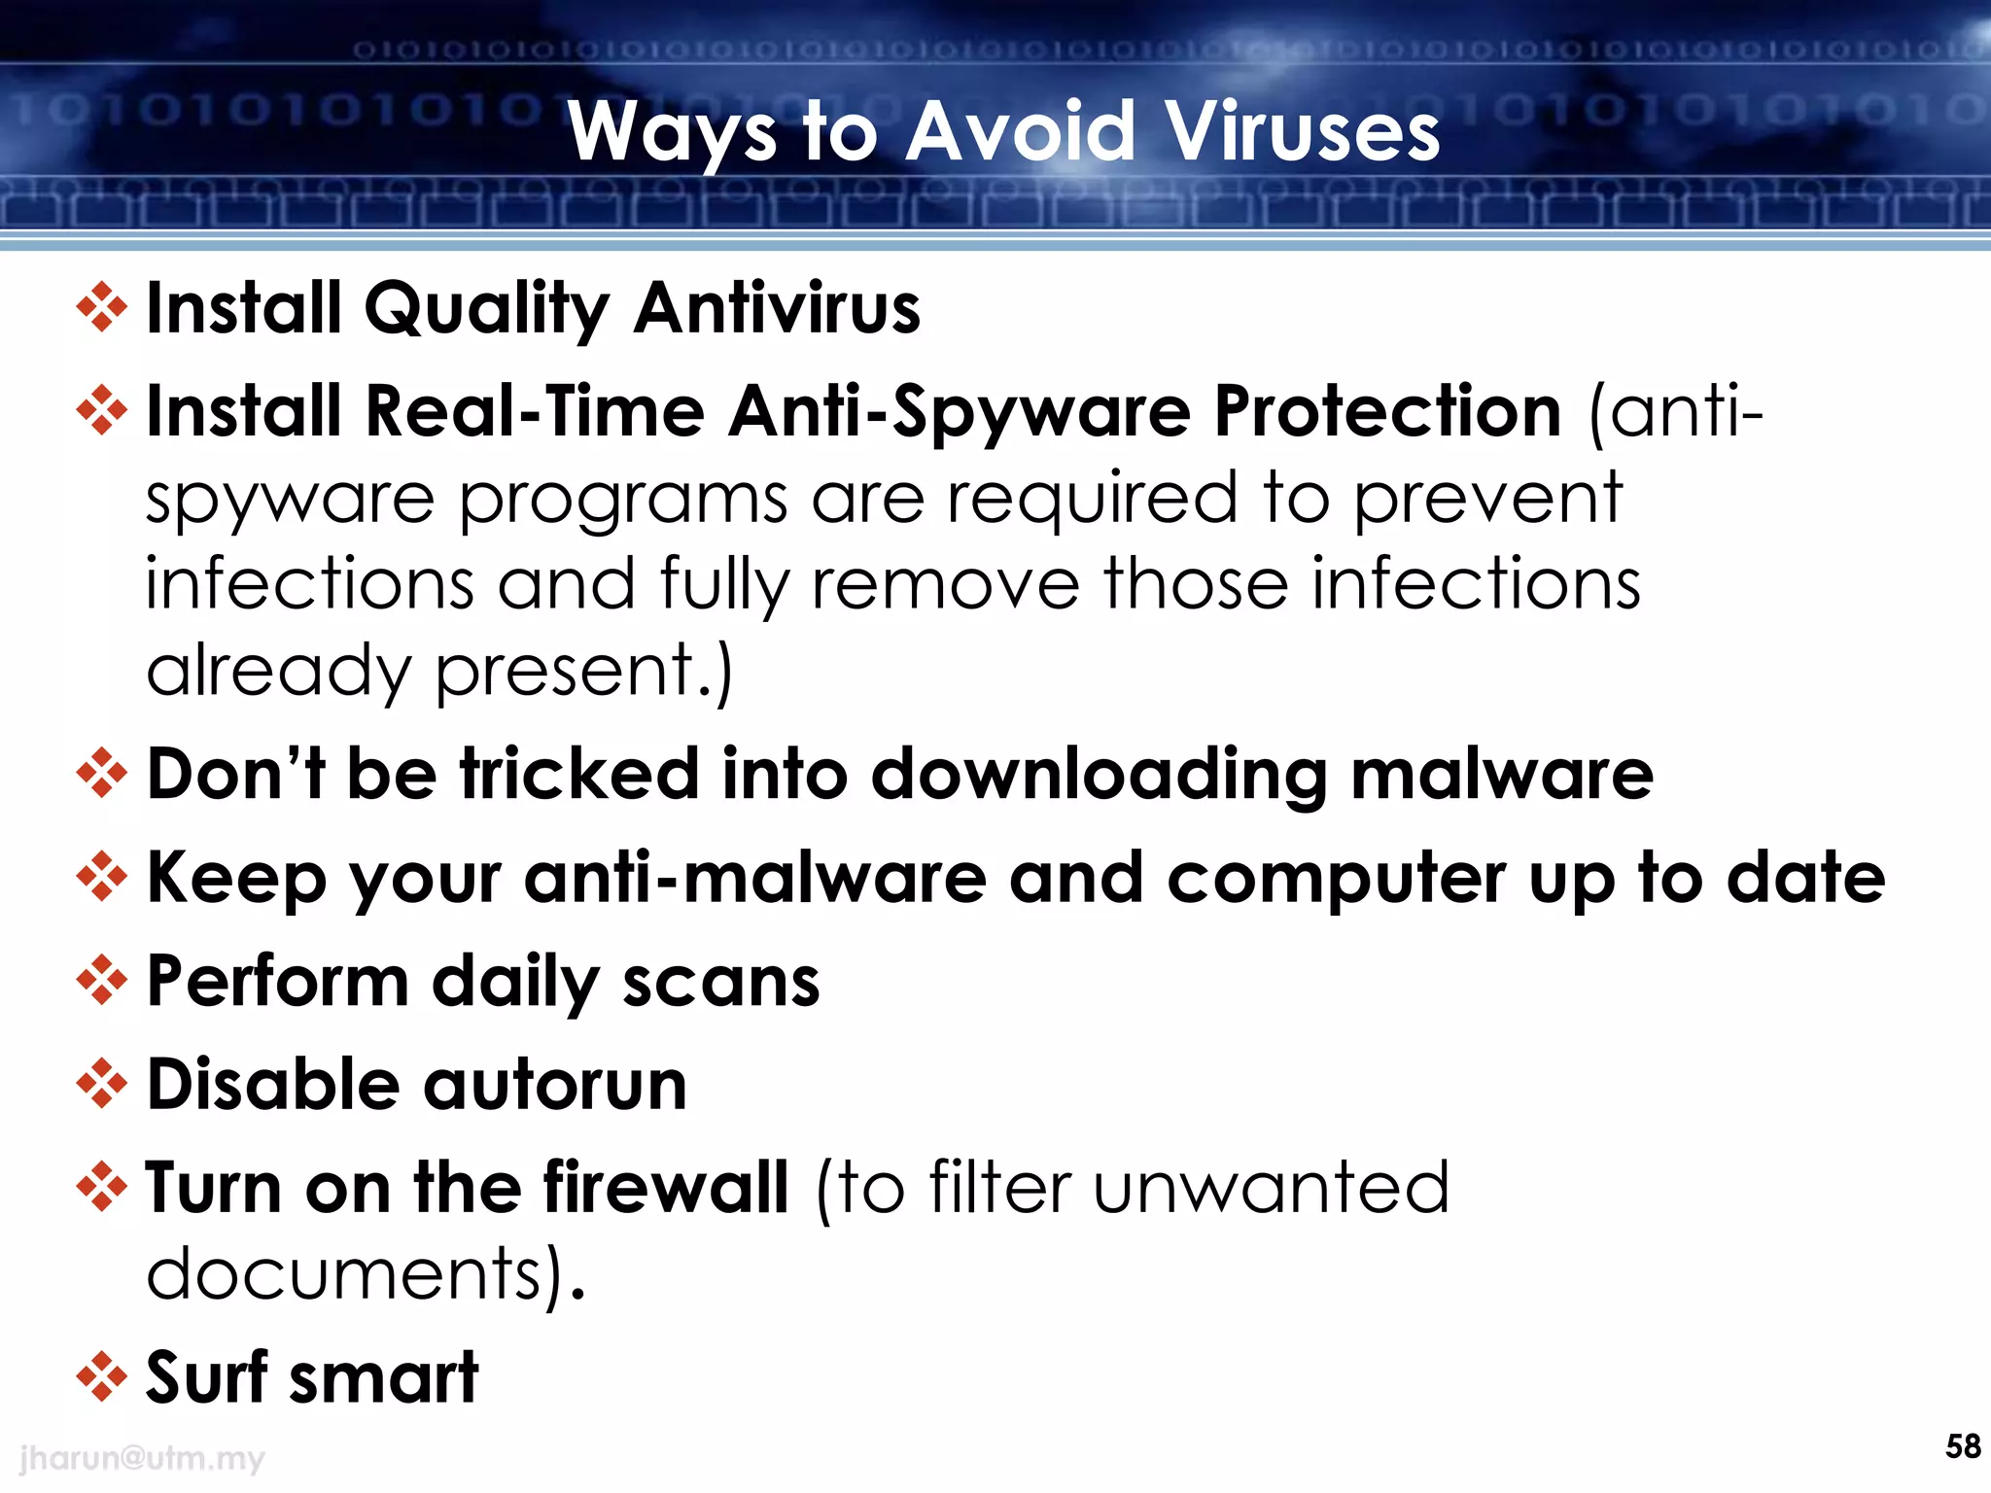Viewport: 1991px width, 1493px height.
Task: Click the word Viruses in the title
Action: click(x=1302, y=132)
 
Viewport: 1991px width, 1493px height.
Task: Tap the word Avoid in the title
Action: click(x=1021, y=132)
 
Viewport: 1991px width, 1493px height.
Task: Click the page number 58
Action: click(x=1963, y=1446)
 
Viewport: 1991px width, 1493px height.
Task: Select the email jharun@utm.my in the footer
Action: click(x=142, y=1458)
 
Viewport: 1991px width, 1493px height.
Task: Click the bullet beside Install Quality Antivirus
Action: click(x=102, y=308)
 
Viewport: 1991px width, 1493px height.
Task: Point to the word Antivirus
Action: click(x=776, y=308)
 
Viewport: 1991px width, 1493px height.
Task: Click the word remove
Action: click(x=945, y=585)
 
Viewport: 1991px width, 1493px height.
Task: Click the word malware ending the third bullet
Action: click(x=1502, y=775)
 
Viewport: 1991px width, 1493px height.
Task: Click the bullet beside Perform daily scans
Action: click(x=102, y=981)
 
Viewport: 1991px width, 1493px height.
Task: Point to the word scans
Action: click(x=721, y=983)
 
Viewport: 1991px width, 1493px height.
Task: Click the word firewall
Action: click(x=665, y=1188)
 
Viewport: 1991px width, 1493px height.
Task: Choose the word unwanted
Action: click(x=1271, y=1188)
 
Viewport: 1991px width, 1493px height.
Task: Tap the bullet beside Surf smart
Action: click(x=102, y=1377)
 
